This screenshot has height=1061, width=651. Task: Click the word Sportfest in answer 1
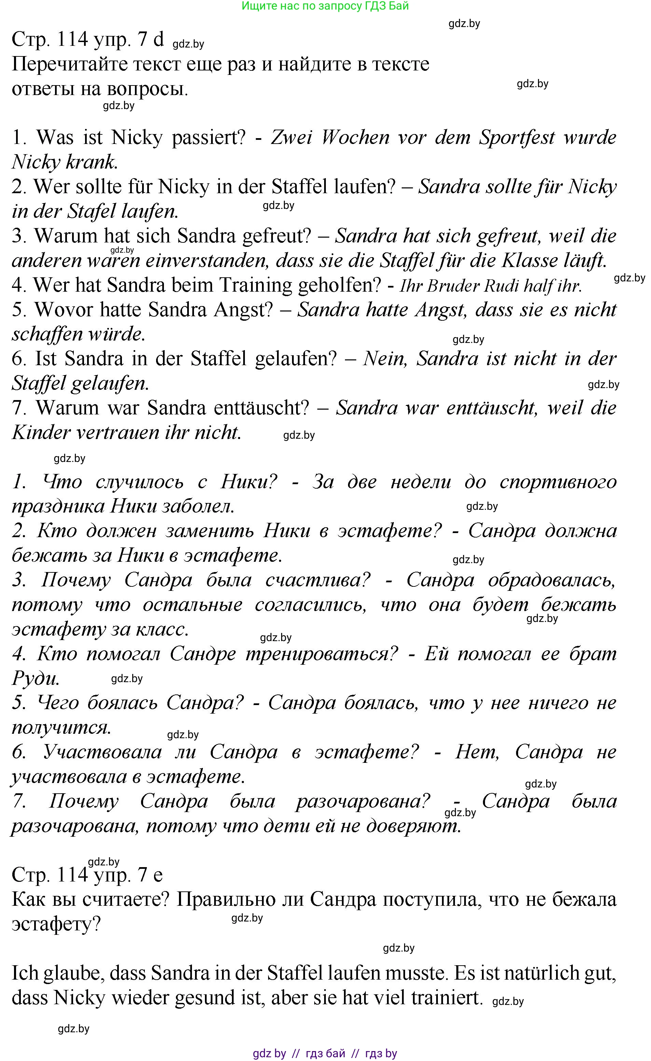517,137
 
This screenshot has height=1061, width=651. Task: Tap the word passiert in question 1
208,137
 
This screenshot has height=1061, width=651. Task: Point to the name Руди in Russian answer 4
35,679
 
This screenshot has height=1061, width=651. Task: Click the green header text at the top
325,6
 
